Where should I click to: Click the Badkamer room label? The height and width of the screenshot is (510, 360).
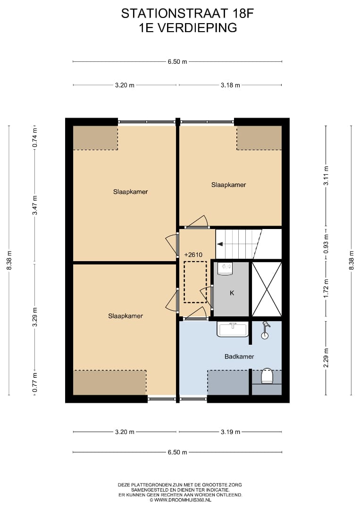(239, 357)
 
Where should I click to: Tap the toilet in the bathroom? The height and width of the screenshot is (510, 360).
(267, 376)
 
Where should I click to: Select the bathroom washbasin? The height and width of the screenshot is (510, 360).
(232, 329)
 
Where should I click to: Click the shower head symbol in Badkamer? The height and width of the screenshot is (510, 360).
(266, 330)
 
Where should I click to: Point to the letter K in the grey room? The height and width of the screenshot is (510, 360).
(232, 293)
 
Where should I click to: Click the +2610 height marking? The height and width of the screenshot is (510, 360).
(193, 255)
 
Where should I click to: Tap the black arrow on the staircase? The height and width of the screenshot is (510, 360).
(220, 244)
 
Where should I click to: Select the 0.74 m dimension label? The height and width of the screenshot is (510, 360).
(35, 137)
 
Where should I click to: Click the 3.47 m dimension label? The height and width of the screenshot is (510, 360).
(35, 205)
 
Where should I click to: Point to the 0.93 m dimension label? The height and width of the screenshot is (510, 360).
(326, 244)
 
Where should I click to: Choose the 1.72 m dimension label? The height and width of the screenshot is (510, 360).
(326, 288)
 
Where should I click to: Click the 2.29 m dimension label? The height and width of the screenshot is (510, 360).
(326, 358)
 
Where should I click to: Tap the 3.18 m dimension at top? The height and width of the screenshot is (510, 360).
(230, 85)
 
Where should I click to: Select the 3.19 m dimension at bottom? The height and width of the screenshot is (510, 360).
(230, 432)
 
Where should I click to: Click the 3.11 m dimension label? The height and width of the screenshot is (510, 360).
(326, 176)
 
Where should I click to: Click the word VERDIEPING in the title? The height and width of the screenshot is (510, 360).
(197, 28)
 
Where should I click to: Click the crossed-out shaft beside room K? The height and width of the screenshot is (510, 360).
(267, 289)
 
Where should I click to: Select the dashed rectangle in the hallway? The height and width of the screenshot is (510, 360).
(195, 282)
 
